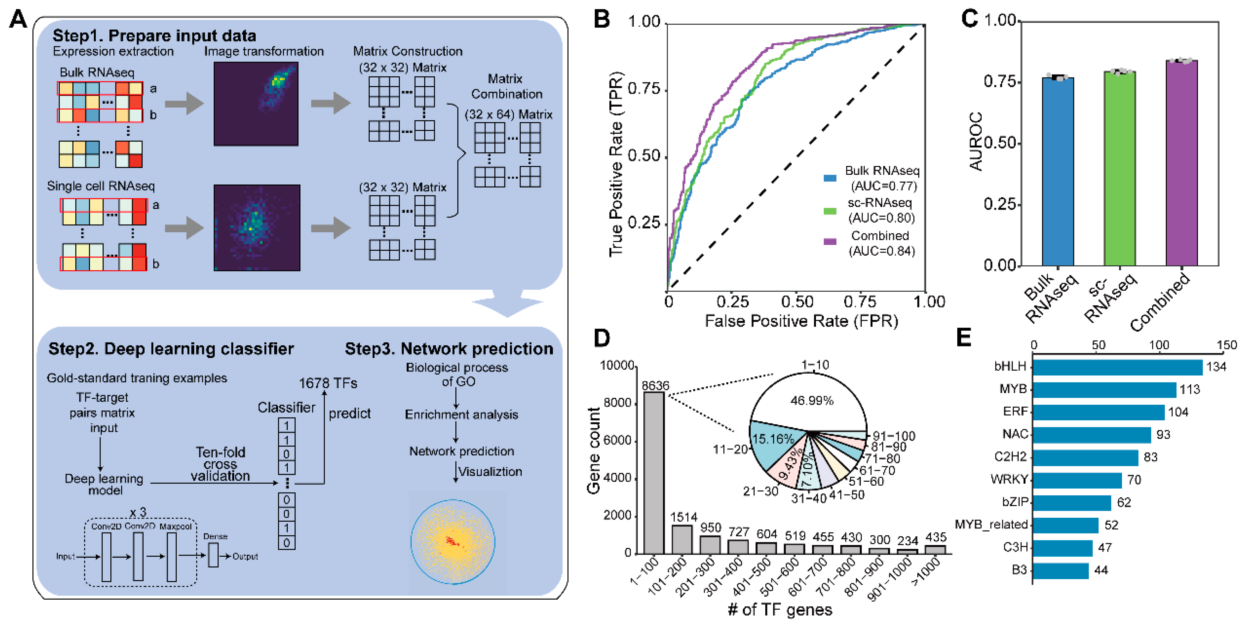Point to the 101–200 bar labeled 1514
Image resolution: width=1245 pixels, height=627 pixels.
click(682, 539)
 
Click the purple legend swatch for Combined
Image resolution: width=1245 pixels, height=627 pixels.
click(830, 241)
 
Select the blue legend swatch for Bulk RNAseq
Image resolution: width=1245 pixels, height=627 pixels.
click(830, 178)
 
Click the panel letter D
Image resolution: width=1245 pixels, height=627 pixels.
click(602, 338)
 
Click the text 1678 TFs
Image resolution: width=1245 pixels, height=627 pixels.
click(328, 384)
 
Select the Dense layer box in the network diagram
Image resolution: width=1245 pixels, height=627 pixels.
click(213, 555)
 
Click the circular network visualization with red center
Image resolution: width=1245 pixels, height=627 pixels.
click(453, 542)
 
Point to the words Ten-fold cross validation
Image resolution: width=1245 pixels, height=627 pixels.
click(220, 465)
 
